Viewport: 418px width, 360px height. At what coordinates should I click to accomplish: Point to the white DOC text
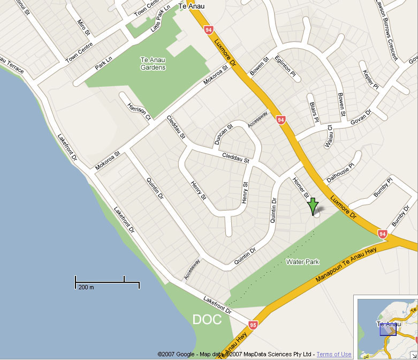[x=207, y=320]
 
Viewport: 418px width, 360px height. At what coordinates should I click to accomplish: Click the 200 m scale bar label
[x=86, y=288]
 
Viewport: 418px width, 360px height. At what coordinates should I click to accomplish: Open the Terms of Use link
[x=334, y=354]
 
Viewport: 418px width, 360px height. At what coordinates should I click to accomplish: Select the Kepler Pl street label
[x=370, y=79]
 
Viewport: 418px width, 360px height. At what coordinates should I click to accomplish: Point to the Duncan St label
[x=223, y=134]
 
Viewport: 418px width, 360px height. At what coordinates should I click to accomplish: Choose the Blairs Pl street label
[x=314, y=108]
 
